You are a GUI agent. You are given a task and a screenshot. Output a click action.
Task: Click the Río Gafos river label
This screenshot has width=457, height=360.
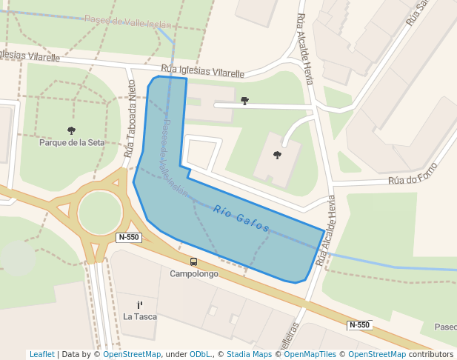pos(241,219)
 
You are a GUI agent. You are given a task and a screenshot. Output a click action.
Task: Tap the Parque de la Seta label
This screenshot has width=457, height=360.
pos(72,142)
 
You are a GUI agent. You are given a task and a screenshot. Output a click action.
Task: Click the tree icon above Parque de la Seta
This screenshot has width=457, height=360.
pos(71,130)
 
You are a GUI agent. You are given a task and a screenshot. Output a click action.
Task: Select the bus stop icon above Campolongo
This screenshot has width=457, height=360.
pos(194,261)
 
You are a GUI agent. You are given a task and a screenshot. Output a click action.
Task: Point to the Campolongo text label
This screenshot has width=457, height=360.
pos(194,273)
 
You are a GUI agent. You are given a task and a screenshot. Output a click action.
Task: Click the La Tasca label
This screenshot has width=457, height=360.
pos(140,316)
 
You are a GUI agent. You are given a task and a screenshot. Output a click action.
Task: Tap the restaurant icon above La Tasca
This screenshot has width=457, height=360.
pos(140,304)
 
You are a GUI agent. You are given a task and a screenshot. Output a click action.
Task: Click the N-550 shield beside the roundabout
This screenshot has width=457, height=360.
pos(129,237)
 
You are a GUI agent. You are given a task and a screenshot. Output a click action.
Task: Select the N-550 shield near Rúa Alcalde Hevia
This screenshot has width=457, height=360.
pos(359,325)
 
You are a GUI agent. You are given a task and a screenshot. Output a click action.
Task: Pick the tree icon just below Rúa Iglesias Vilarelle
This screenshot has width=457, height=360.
pos(245,100)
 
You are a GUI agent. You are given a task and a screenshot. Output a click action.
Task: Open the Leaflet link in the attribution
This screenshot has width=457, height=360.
pos(41,354)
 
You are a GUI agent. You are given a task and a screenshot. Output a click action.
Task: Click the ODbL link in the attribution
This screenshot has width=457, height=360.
pos(202,354)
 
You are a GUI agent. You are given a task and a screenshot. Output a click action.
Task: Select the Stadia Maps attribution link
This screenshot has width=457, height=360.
pos(249,354)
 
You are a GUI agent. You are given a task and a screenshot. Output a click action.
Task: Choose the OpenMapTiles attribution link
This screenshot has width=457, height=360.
pos(310,354)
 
